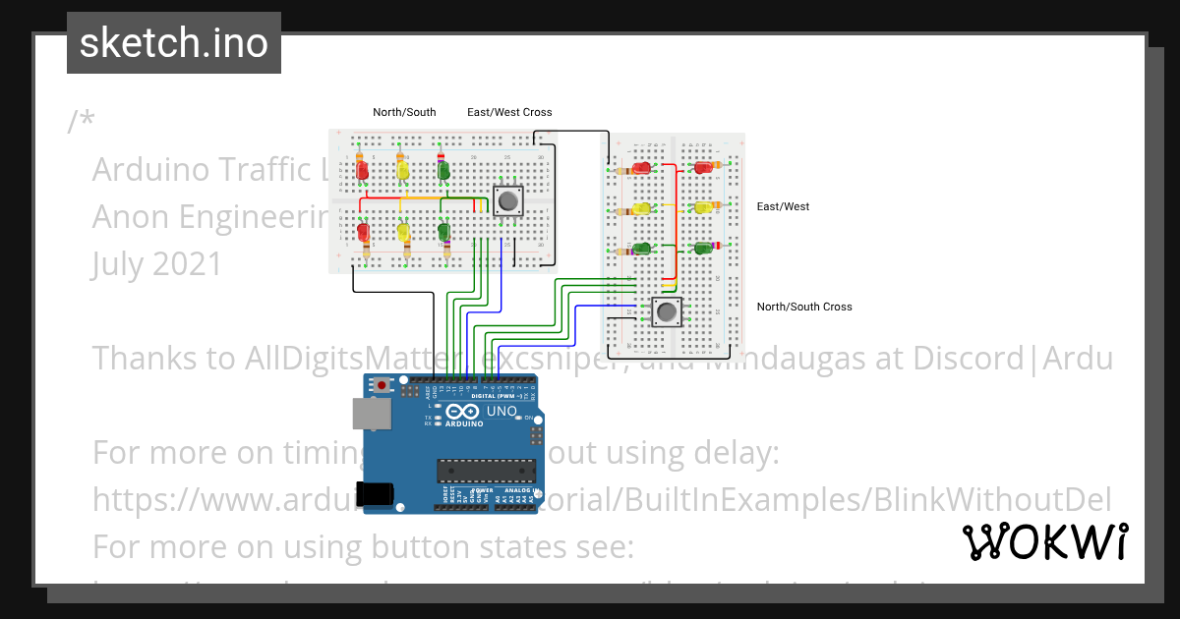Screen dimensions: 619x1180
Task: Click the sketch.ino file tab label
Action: click(x=174, y=43)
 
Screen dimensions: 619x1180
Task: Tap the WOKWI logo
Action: click(x=1044, y=541)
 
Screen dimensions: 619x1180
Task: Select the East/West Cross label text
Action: click(x=509, y=112)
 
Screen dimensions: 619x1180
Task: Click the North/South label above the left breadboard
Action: click(x=404, y=112)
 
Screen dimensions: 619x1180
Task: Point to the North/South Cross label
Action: click(x=803, y=307)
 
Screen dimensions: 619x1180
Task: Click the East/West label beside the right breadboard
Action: click(x=783, y=206)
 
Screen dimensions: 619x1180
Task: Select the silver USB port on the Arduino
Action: click(x=371, y=417)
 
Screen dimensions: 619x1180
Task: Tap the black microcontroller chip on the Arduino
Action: click(x=487, y=471)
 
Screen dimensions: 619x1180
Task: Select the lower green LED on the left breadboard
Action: click(x=443, y=233)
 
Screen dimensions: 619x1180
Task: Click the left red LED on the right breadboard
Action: click(x=641, y=168)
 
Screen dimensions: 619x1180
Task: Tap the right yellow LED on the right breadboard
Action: click(x=703, y=207)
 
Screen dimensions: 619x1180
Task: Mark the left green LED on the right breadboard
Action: click(x=641, y=249)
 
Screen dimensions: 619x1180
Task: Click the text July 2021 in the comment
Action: click(x=157, y=263)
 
